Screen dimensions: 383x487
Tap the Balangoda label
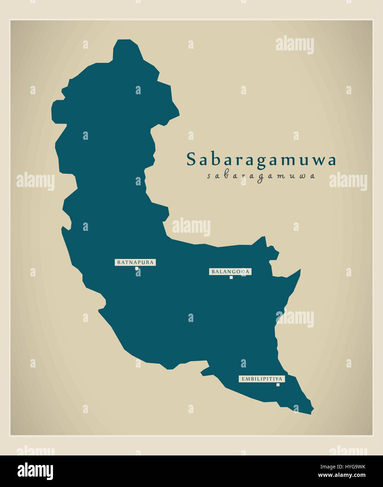point(231,272)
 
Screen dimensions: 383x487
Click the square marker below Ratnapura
point(137,269)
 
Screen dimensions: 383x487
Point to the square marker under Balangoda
point(231,277)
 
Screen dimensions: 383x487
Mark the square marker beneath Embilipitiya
point(278,385)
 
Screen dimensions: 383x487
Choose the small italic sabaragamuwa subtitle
point(261,176)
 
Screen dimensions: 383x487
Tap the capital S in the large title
point(191,159)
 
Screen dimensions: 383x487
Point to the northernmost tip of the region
point(123,41)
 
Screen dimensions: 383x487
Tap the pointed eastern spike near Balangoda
point(300,270)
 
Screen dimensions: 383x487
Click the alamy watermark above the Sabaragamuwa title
point(295,45)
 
